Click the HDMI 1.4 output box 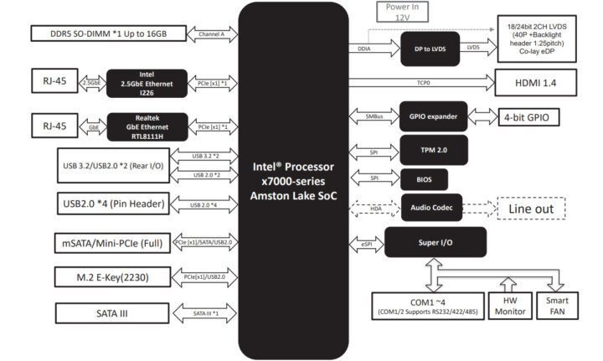536,83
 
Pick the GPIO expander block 433,116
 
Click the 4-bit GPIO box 529,116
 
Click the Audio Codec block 432,207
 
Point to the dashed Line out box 531,207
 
